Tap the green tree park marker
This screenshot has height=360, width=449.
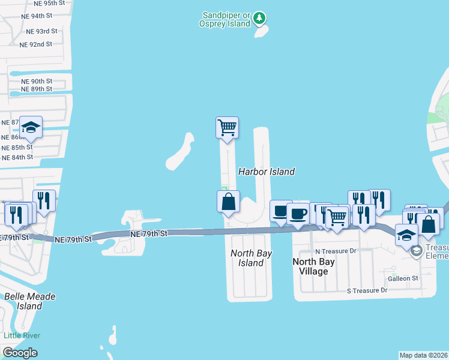[259, 18]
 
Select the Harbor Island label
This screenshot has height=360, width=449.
[267, 172]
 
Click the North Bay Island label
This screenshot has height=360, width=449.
[251, 258]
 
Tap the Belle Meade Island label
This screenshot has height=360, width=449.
[29, 301]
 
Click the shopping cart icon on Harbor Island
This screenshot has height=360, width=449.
[227, 127]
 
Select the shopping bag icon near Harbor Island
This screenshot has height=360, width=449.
[228, 202]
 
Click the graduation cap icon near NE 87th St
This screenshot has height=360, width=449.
[31, 127]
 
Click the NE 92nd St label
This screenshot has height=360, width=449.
[35, 44]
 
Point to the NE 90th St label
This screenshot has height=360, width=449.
[37, 81]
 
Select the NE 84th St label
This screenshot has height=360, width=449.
[17, 157]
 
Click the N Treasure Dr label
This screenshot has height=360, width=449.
[336, 251]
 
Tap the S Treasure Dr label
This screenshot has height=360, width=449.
[367, 290]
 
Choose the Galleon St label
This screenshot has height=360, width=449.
[403, 278]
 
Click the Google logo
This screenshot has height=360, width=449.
[20, 353]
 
